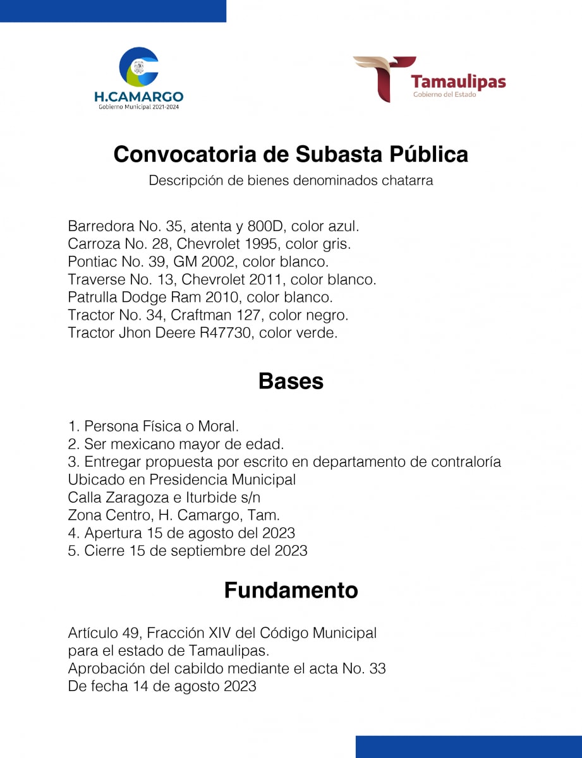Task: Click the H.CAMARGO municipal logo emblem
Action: pos(139,68)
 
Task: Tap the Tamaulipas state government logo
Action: pos(430,79)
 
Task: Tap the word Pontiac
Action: pos(92,262)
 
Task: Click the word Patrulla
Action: pos(93,297)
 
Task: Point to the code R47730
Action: pos(226,333)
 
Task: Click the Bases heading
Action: pos(291,382)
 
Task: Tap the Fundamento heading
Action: pos(291,591)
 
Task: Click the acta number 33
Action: pos(377,668)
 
